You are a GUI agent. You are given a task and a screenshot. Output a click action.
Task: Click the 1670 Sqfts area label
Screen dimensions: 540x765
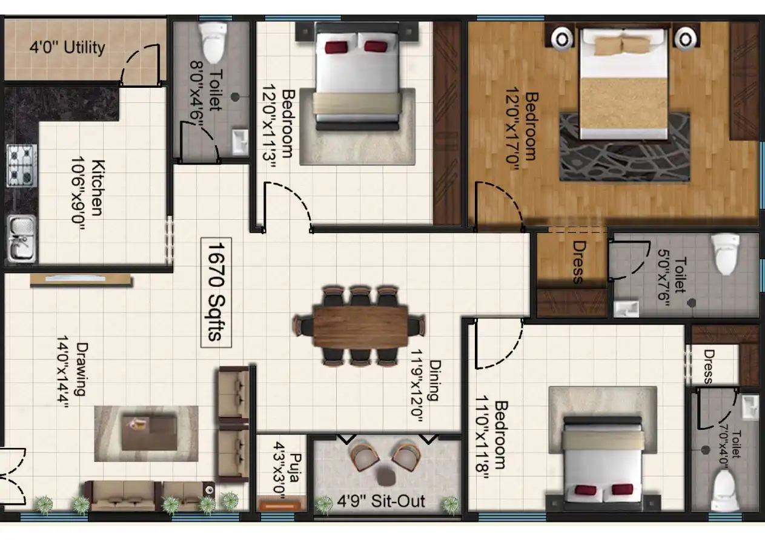click(216, 291)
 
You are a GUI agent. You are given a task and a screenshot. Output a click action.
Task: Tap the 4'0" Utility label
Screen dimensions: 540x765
click(67, 47)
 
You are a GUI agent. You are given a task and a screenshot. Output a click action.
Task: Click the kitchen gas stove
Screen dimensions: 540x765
click(21, 165)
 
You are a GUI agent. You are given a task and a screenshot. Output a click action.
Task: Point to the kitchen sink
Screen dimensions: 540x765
click(21, 237)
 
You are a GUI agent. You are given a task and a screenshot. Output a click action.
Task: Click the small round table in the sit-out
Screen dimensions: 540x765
click(385, 476)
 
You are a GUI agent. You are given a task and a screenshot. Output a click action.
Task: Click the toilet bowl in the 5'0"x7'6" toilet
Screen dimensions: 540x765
click(725, 254)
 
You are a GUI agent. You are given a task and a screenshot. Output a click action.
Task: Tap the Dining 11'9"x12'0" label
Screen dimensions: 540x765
click(425, 390)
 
